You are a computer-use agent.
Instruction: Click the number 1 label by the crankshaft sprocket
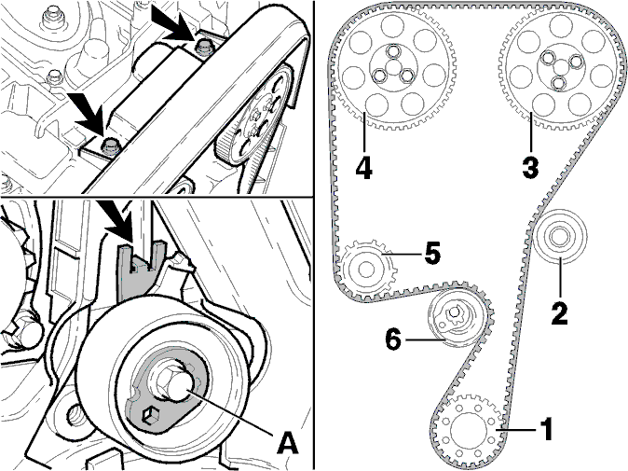pyautogui.click(x=546, y=429)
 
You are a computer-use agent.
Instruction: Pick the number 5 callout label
pyautogui.click(x=431, y=254)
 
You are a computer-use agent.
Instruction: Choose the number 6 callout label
pyautogui.click(x=393, y=339)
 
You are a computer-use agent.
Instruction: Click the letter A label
pyautogui.click(x=288, y=443)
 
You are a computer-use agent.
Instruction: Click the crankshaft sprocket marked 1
pyautogui.click(x=468, y=429)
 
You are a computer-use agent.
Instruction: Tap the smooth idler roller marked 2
pyautogui.click(x=560, y=237)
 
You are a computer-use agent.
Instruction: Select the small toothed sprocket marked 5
pyautogui.click(x=367, y=269)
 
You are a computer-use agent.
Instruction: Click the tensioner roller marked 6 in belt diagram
pyautogui.click(x=454, y=318)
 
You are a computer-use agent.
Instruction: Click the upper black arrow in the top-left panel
pyautogui.click(x=173, y=24)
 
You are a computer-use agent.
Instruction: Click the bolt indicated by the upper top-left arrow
pyautogui.click(x=203, y=48)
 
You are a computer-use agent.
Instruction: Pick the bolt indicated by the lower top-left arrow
pyautogui.click(x=109, y=145)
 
